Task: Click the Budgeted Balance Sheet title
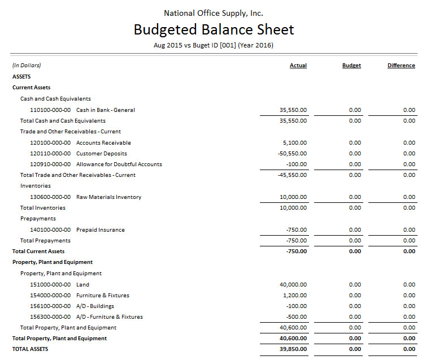(x=214, y=29)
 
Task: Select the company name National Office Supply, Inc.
(x=214, y=13)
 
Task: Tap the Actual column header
(x=298, y=66)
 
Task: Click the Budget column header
(x=351, y=66)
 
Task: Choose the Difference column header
(x=401, y=66)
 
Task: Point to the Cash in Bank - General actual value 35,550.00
(x=293, y=110)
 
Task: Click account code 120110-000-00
(x=50, y=153)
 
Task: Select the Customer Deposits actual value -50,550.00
(x=292, y=153)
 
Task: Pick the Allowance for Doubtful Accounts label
(x=119, y=164)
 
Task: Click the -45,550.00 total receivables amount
(x=292, y=175)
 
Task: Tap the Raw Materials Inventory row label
(x=108, y=197)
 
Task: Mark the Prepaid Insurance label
(x=100, y=230)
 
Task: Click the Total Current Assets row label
(x=38, y=251)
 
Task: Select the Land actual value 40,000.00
(x=293, y=284)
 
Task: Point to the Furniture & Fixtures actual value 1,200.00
(x=295, y=295)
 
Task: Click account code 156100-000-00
(x=50, y=306)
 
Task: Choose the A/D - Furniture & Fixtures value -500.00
(x=297, y=317)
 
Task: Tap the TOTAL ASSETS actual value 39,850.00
(x=293, y=349)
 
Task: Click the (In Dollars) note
(x=27, y=66)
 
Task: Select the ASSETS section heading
(x=21, y=76)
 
